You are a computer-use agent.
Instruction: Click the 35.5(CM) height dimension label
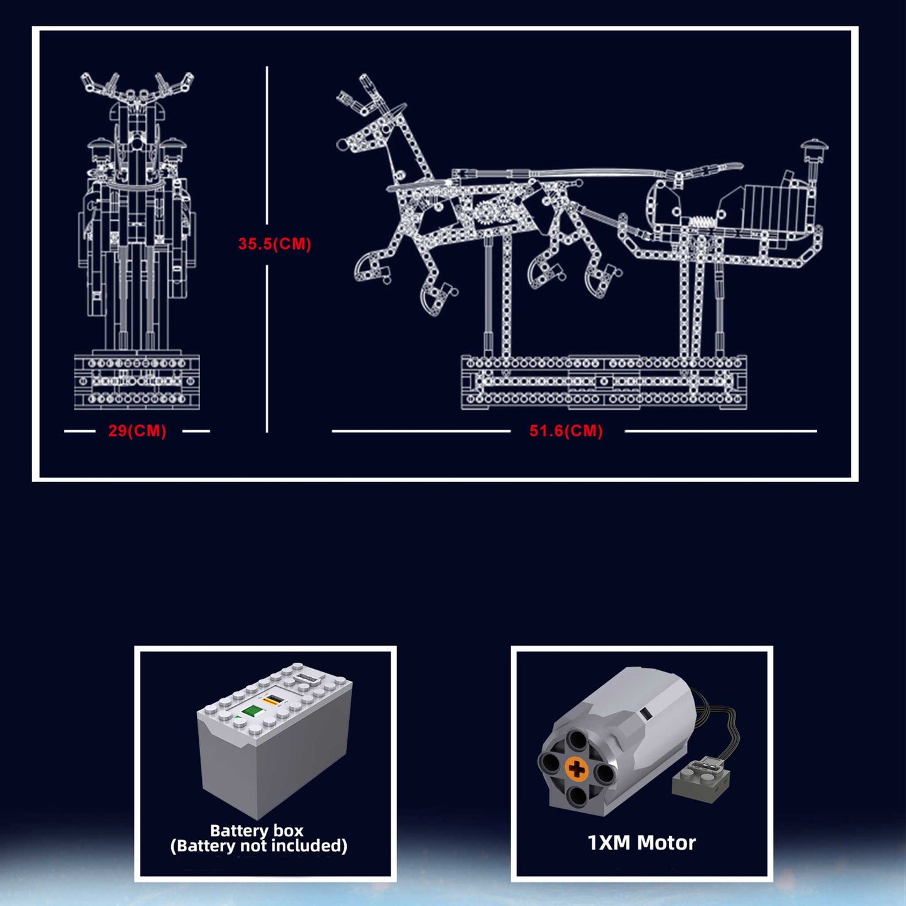(275, 244)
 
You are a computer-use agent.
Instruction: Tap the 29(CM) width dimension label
(137, 431)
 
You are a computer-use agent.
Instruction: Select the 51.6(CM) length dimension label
(566, 431)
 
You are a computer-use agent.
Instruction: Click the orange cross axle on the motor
(576, 770)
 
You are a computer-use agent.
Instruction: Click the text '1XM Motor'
(641, 843)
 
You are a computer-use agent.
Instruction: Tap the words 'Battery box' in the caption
(256, 830)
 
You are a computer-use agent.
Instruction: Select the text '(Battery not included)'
(259, 846)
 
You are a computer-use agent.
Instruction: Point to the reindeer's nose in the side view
(342, 144)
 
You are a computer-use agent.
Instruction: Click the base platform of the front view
(137, 382)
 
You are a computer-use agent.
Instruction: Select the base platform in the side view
(604, 382)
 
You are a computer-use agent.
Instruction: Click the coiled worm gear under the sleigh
(704, 221)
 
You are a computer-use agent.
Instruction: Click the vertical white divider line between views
(267, 249)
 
